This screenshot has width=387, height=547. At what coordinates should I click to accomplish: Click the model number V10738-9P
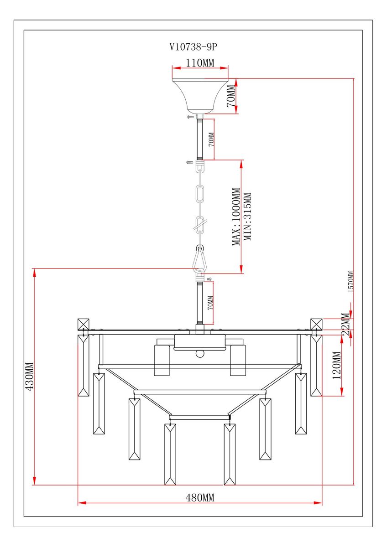point(193,46)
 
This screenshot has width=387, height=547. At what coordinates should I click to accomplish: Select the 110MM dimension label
point(200,63)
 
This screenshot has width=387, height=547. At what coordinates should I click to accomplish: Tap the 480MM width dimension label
point(199,497)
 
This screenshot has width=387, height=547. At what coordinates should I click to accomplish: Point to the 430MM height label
point(29,377)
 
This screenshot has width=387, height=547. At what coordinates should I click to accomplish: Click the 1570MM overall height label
point(351,282)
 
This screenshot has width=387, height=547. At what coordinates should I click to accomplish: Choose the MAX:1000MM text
point(236,217)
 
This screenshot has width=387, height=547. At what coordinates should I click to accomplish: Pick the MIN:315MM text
point(247,217)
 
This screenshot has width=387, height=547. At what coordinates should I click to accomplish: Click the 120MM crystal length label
point(337,365)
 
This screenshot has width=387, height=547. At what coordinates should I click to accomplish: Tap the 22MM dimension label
point(345,324)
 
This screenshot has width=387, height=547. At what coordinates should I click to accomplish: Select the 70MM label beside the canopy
point(231,96)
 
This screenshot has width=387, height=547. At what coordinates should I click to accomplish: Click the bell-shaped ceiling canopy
point(200,96)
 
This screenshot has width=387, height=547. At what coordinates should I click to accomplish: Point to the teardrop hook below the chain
point(200,260)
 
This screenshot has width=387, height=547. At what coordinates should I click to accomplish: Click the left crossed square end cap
point(84,325)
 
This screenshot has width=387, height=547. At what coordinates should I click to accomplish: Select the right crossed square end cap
point(316,325)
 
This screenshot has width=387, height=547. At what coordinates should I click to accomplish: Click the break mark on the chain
point(200,224)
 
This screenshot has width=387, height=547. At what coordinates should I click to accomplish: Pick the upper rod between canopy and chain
point(200,139)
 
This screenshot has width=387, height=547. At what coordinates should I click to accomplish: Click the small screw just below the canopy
point(190,117)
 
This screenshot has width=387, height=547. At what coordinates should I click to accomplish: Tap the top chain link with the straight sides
point(200,193)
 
